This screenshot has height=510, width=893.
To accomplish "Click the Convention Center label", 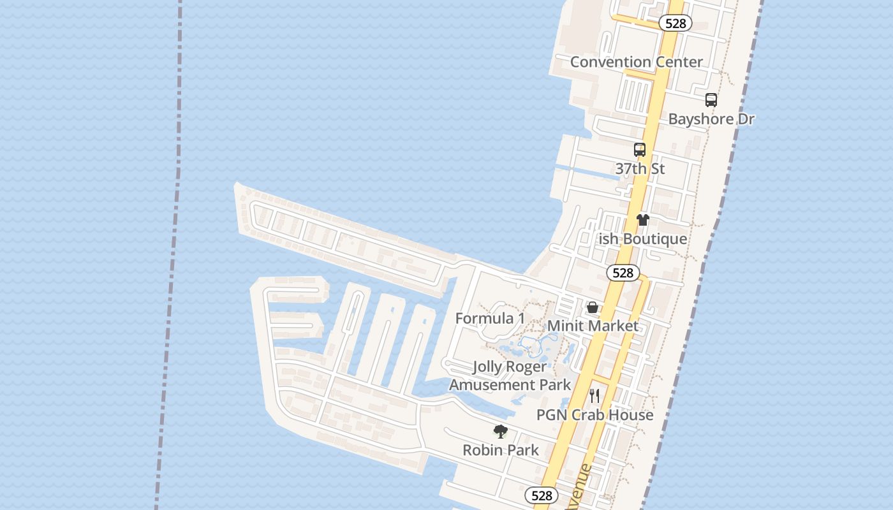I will tap(636, 62).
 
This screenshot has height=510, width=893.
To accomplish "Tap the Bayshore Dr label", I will tap(711, 119).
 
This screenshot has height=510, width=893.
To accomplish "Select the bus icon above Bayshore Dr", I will tap(711, 100).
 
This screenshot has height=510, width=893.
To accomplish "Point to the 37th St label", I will tap(640, 169).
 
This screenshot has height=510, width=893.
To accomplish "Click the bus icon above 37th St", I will tap(640, 150).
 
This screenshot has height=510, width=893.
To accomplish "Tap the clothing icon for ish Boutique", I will tap(642, 220).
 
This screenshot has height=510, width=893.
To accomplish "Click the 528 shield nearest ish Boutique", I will tap(622, 273).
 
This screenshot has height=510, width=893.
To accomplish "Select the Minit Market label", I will tap(593, 326).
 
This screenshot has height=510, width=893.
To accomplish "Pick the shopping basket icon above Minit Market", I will tap(593, 307).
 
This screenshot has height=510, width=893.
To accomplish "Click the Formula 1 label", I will tap(490, 318).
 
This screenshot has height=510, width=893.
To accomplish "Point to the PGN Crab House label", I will tap(594, 415).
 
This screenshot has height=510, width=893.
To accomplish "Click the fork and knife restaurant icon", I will tap(594, 396).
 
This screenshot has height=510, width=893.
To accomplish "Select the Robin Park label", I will tap(500, 450).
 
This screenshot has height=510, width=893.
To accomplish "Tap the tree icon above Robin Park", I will tap(501, 432).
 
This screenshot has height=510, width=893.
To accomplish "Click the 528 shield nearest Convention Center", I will tap(675, 24).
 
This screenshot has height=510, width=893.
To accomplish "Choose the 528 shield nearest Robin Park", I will tap(541, 495).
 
